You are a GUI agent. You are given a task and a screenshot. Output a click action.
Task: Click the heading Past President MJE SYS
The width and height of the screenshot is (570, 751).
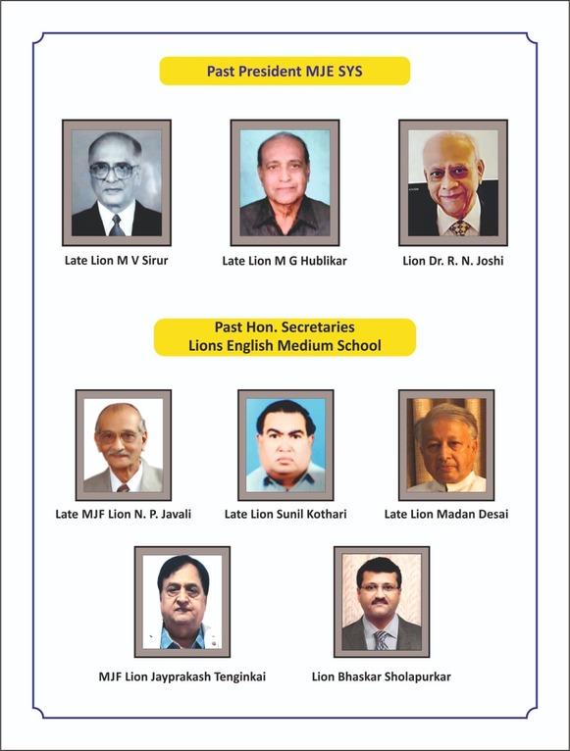[x=285, y=72]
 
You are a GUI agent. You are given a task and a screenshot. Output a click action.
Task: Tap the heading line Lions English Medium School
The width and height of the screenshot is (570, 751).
[x=285, y=345]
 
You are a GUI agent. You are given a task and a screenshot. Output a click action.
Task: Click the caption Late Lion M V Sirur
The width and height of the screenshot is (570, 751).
[x=117, y=261]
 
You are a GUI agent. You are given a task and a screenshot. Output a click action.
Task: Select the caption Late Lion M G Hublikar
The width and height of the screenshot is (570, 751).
[x=285, y=261]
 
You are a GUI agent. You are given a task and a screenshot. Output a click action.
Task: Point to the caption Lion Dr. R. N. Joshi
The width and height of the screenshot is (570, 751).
[x=453, y=261]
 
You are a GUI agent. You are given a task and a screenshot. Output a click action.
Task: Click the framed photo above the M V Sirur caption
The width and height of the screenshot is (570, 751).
[x=117, y=182]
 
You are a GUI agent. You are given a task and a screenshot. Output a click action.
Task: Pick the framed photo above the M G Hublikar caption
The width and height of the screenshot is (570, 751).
[x=285, y=182]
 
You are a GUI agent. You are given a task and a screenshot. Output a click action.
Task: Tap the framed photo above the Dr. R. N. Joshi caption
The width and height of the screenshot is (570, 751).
[x=453, y=182]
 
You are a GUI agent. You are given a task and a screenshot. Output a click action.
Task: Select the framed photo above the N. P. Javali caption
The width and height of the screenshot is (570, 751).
[x=124, y=445]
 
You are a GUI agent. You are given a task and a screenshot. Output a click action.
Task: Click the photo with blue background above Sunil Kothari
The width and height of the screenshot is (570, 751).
[x=285, y=445]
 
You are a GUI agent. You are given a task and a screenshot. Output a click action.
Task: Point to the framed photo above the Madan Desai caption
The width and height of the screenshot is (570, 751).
[x=446, y=445]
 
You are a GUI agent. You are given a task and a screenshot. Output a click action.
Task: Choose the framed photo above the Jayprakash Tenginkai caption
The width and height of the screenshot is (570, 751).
[x=182, y=602]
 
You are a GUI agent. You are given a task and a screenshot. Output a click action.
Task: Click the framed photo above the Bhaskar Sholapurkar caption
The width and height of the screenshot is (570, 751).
[x=382, y=602]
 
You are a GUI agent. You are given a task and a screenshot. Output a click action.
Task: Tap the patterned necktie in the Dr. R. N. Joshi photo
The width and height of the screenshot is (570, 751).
[x=458, y=227]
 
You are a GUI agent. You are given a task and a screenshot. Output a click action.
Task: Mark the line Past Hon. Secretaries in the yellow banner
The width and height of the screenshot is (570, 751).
[x=285, y=327]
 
